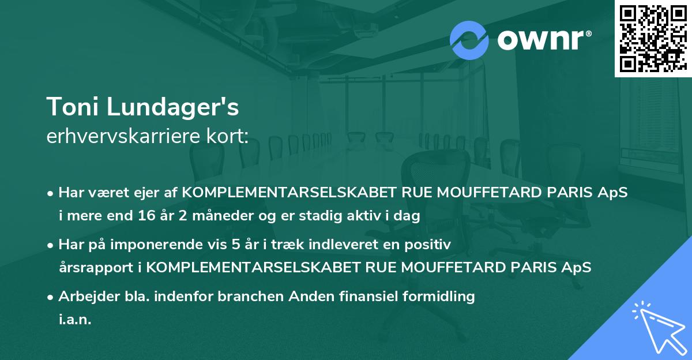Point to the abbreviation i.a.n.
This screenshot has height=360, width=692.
coord(74,320)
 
